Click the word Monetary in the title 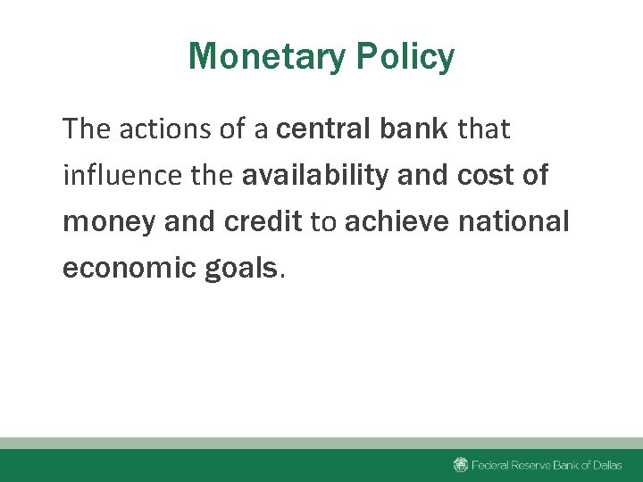tap(267, 57)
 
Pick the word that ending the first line tap(483, 129)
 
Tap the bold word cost tap(481, 176)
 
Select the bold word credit tap(263, 222)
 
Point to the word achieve tap(397, 222)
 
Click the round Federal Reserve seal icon tap(461, 464)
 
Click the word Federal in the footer tap(490, 465)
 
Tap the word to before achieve tap(322, 222)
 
